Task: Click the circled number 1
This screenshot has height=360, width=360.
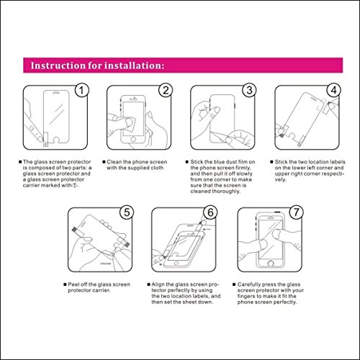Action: coord(81,91)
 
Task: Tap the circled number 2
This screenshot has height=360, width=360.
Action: coord(166,91)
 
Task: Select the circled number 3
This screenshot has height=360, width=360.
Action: coord(249,91)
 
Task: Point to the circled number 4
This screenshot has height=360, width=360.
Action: coord(333,91)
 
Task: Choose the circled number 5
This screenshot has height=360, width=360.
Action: coord(127,212)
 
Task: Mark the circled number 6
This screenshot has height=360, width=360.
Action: coord(210,212)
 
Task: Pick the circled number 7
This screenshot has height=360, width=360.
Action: coord(296,212)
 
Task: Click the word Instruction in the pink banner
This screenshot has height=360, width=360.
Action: coord(58,66)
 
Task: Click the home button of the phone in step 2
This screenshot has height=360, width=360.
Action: coord(133,140)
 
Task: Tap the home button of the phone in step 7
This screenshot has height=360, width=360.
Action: coord(271,264)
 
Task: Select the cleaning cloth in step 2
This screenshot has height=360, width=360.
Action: coord(130,125)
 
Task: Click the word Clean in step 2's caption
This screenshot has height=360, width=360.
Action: coord(114,162)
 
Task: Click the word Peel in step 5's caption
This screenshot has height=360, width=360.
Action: coord(73,284)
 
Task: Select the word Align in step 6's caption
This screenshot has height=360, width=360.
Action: coord(158,284)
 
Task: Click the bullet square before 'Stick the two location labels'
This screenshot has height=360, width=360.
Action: coord(271,162)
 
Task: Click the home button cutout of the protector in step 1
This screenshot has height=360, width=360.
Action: coord(57,140)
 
